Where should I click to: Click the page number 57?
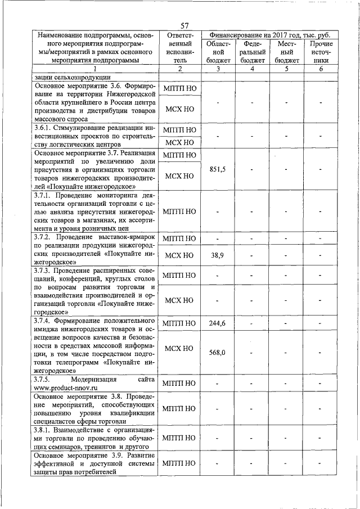(x=184, y=25)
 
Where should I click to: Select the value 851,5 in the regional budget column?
(x=217, y=169)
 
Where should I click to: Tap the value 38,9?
(x=217, y=255)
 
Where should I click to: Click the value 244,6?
(x=217, y=323)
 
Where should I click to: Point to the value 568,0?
(x=217, y=353)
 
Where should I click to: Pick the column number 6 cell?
(x=321, y=69)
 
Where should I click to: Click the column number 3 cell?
(x=218, y=69)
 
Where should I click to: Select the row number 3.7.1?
(x=44, y=195)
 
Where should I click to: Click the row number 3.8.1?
(x=44, y=430)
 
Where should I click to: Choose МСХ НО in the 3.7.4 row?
(x=179, y=348)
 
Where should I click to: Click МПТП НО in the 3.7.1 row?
(x=179, y=211)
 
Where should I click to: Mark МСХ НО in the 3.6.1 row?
(x=179, y=142)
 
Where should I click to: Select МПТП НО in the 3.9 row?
(x=179, y=463)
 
